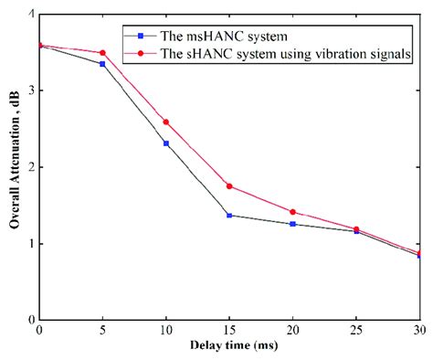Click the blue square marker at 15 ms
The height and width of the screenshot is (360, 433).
coord(229,215)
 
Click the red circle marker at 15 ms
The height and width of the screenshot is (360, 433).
coord(229,185)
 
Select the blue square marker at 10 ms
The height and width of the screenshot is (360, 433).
coord(165,143)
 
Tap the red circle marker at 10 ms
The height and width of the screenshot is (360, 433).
coord(165,122)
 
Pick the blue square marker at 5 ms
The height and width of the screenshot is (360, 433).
coord(102,64)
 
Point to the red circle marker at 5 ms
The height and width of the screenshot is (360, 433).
coord(102,53)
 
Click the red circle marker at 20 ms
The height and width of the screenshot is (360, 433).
coord(292,212)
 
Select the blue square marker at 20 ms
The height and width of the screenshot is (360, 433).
coord(292,224)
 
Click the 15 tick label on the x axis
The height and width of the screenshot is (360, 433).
coord(229,331)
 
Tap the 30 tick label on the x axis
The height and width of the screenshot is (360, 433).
coord(417,331)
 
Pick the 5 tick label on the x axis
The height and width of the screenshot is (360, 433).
coord(102,331)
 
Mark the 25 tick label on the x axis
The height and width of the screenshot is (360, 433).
coord(355,331)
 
